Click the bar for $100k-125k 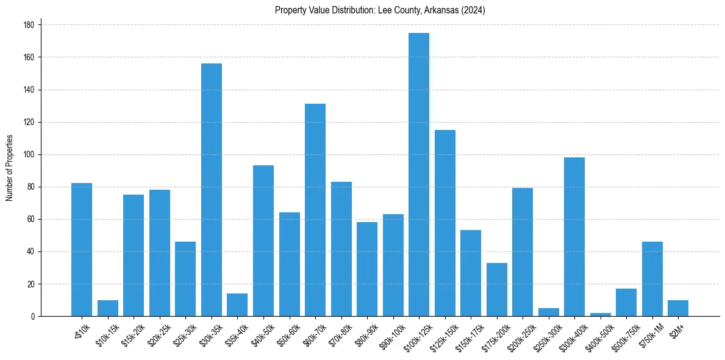tap(419, 175)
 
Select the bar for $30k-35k tap(212, 190)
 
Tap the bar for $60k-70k tap(315, 210)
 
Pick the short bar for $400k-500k tap(601, 314)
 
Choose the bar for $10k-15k tap(108, 308)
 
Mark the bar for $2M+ tap(678, 308)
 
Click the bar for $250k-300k tap(549, 312)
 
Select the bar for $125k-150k tap(445, 223)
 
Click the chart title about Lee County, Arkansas tap(380, 10)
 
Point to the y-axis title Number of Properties tap(10, 168)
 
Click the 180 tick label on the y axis tap(29, 25)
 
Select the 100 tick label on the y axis tap(29, 154)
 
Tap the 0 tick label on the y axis tap(32, 317)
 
